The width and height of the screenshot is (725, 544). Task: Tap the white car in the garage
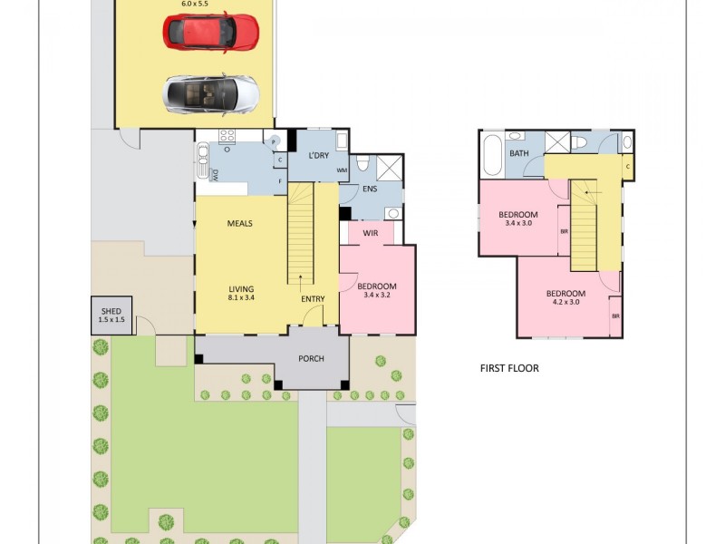211,93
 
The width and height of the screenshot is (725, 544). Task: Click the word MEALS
239,223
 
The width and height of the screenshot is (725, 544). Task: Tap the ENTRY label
313,298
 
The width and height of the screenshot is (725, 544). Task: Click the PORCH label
312,358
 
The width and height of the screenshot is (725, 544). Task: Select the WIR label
371,234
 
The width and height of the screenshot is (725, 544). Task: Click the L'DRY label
318,155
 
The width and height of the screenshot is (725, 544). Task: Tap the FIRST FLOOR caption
509,368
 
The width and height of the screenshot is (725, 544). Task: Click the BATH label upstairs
518,154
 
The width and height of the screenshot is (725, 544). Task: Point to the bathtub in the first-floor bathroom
491,155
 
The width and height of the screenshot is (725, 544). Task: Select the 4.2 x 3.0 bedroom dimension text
565,303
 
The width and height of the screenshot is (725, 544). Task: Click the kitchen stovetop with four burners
227,137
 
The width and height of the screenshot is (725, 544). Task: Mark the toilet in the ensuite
362,164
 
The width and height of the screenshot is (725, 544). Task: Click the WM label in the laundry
342,170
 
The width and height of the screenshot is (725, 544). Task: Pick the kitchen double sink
202,167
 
